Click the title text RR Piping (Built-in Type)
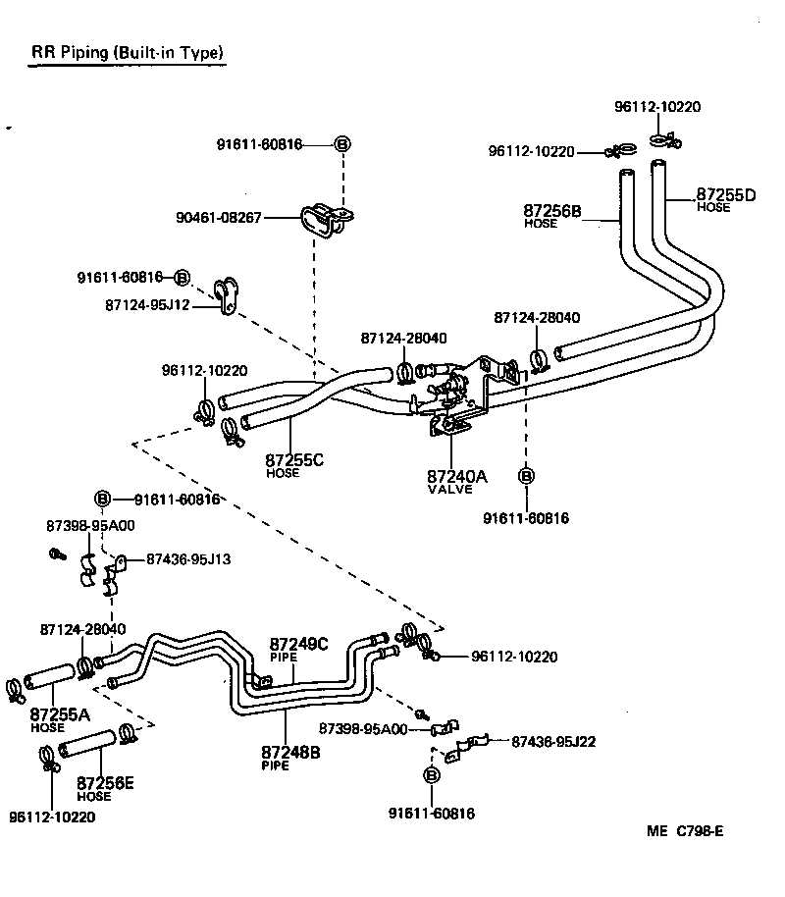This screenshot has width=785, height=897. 127,52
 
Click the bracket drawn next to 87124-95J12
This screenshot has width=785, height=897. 227,295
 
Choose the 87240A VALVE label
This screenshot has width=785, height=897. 456,481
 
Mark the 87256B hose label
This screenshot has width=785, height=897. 551,215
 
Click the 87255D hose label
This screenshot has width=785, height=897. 726,199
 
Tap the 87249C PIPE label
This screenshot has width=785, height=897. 298,650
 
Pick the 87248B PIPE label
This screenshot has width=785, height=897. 290,757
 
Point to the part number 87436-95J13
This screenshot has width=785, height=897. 188,559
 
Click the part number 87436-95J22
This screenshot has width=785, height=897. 554,742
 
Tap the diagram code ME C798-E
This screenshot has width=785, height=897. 684,831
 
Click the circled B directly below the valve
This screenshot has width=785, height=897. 526,476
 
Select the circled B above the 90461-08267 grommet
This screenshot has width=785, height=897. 342,144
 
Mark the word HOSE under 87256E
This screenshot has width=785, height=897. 93,797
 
